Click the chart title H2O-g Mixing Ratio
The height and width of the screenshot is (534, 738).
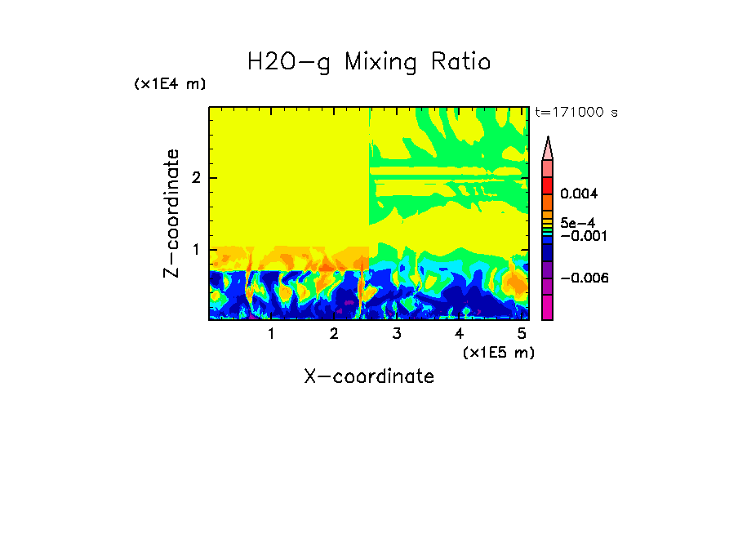tap(369, 61)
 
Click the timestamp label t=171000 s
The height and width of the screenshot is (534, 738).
tap(576, 112)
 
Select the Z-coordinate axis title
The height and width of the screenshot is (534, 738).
tap(171, 212)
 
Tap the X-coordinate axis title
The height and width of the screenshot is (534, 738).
tap(369, 376)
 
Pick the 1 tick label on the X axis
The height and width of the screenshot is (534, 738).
tap(271, 334)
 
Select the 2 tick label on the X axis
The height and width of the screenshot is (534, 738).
tap(334, 334)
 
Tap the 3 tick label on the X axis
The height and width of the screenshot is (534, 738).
tap(396, 334)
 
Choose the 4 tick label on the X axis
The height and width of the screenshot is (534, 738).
tap(459, 334)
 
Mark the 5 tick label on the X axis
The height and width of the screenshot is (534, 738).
tap(522, 334)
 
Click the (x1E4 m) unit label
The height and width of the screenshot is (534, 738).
tap(170, 84)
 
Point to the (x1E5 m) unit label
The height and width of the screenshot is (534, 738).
tap(498, 352)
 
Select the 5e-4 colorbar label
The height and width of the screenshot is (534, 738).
tap(578, 223)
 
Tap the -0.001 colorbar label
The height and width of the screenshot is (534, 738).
tap(581, 236)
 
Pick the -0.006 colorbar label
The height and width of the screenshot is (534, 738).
tap(585, 278)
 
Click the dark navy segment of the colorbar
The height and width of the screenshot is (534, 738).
tap(547, 254)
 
